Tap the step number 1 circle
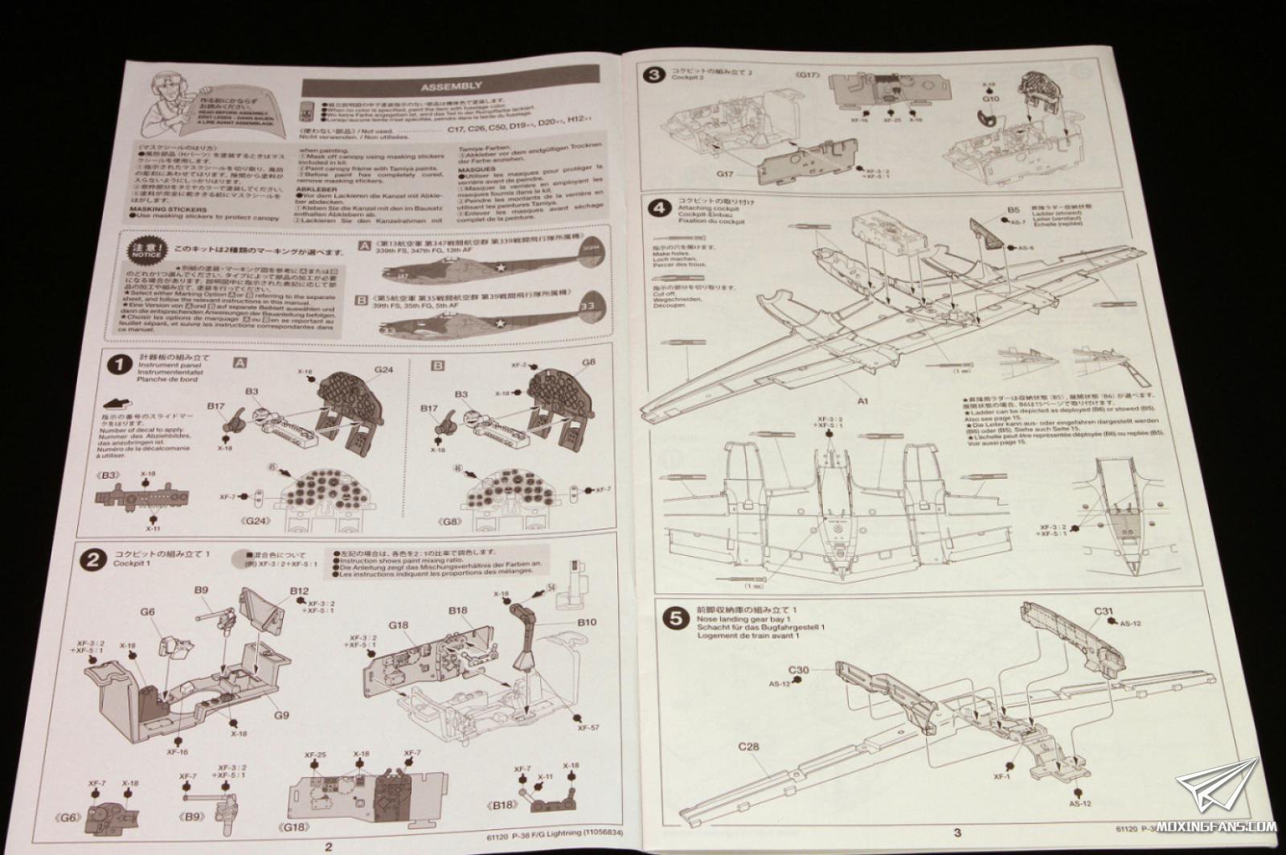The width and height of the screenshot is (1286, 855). click(x=119, y=365)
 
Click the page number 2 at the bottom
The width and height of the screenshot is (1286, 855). click(x=327, y=845)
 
